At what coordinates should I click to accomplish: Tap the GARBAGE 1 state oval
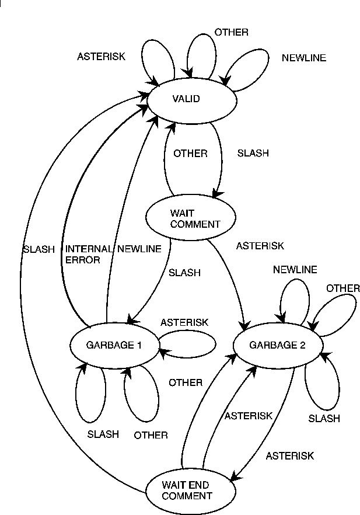[114, 345]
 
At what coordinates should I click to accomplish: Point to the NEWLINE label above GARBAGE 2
[295, 270]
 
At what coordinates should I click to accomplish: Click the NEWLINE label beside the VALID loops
[304, 58]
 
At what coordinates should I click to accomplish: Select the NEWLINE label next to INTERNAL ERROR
[139, 249]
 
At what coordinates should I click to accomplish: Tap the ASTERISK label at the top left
[101, 57]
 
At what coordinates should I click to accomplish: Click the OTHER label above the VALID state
[231, 32]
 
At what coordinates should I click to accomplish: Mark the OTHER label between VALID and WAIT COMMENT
[190, 154]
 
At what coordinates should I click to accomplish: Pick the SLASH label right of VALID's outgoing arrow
[253, 154]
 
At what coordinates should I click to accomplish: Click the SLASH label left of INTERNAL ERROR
[39, 249]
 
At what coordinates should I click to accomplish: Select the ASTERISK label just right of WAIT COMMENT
[260, 246]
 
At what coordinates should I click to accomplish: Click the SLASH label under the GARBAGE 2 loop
[324, 419]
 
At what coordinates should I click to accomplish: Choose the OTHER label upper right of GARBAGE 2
[343, 288]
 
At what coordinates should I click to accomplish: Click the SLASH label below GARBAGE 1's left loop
[103, 434]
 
